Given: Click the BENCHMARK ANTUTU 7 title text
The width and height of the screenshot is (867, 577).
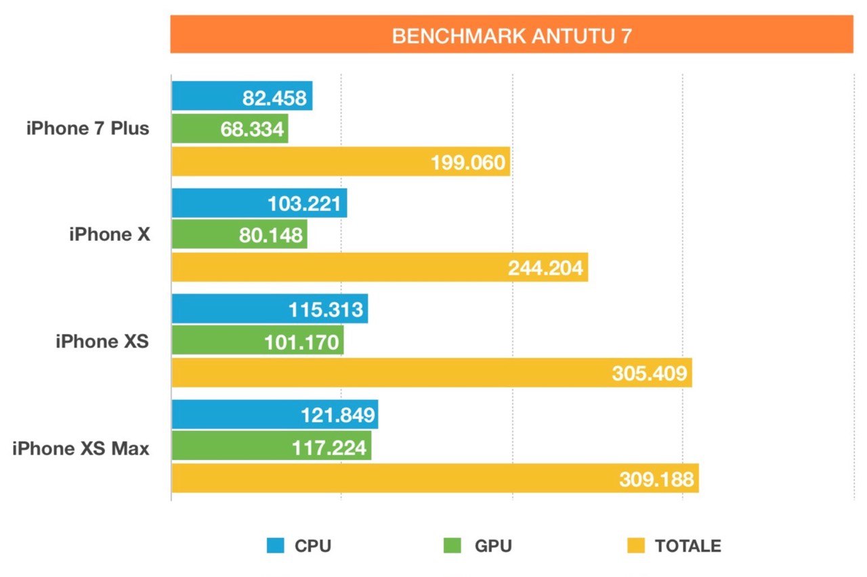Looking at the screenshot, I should coord(511,36).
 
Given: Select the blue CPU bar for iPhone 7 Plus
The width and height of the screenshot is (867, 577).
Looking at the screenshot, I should coord(203,96).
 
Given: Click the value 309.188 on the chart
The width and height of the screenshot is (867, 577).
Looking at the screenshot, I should coord(656,480).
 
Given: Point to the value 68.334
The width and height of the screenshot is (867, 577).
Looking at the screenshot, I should coord(252,129).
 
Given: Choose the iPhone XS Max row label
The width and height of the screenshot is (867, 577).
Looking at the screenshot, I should coord(81,448).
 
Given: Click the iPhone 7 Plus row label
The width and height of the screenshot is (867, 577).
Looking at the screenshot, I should coord(88,128).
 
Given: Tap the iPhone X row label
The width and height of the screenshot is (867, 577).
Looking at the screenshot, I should coord(110,234).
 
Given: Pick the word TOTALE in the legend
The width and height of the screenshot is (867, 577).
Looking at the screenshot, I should coord(688,546).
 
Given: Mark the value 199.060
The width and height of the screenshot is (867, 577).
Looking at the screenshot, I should coord(468,163).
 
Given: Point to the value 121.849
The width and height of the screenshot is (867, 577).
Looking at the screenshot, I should coord(337,415).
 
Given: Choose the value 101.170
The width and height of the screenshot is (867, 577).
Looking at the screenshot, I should coord(302,342).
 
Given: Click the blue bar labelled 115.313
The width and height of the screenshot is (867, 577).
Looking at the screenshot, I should coord(224,309).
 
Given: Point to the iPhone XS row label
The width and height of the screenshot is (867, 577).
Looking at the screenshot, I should coord(102,341).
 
